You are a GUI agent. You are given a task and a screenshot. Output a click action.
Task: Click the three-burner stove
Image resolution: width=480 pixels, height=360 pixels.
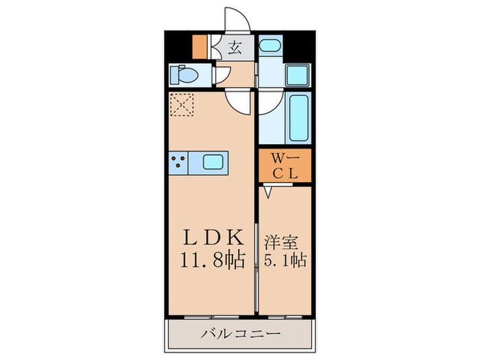tap(180, 163)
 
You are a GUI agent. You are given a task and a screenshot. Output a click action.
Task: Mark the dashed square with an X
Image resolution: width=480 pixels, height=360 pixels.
tap(183, 105)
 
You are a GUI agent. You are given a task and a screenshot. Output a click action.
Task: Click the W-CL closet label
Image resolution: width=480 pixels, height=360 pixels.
tap(285, 165)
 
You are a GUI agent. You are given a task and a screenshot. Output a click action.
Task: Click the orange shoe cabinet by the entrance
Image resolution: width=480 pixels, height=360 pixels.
tap(199, 45)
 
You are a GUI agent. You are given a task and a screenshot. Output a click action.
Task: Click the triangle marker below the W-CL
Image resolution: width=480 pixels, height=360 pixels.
tap(269, 192)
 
